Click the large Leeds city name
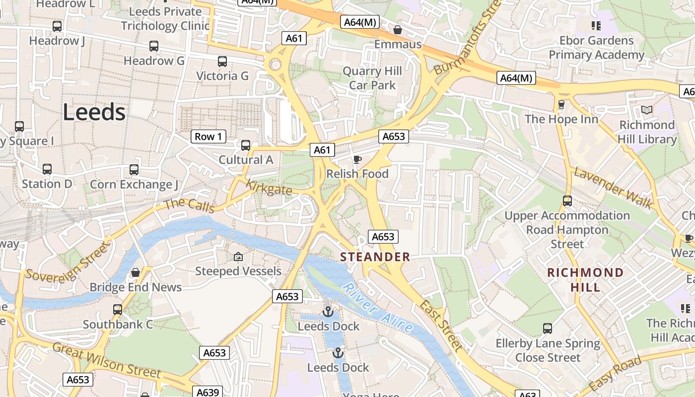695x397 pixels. [94, 113]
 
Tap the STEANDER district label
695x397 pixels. [375, 257]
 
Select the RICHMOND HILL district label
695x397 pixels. [585, 279]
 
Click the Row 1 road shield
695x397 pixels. [208, 136]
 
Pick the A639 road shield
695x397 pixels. [208, 392]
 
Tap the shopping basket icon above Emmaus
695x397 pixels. [398, 30]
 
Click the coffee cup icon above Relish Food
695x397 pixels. [357, 159]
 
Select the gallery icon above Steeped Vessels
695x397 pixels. [238, 257]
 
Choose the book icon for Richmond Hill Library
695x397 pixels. [647, 110]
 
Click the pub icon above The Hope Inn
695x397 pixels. [561, 104]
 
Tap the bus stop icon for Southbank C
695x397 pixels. [118, 310]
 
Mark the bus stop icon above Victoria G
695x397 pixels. [222, 62]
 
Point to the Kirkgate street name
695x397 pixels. [269, 188]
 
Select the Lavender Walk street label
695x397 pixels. [613, 188]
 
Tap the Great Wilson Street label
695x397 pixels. [107, 361]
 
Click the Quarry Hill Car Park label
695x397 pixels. [372, 78]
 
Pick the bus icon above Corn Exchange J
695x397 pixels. [134, 170]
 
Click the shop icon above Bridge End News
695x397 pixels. [136, 272]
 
